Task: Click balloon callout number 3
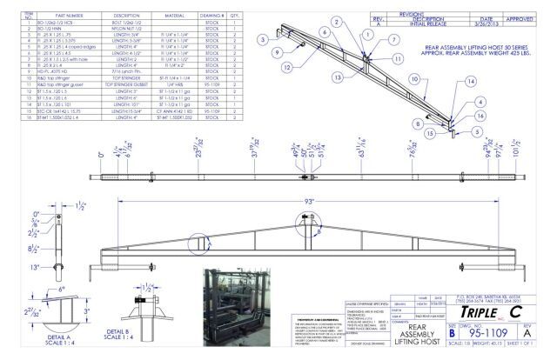click(x=264, y=39)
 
